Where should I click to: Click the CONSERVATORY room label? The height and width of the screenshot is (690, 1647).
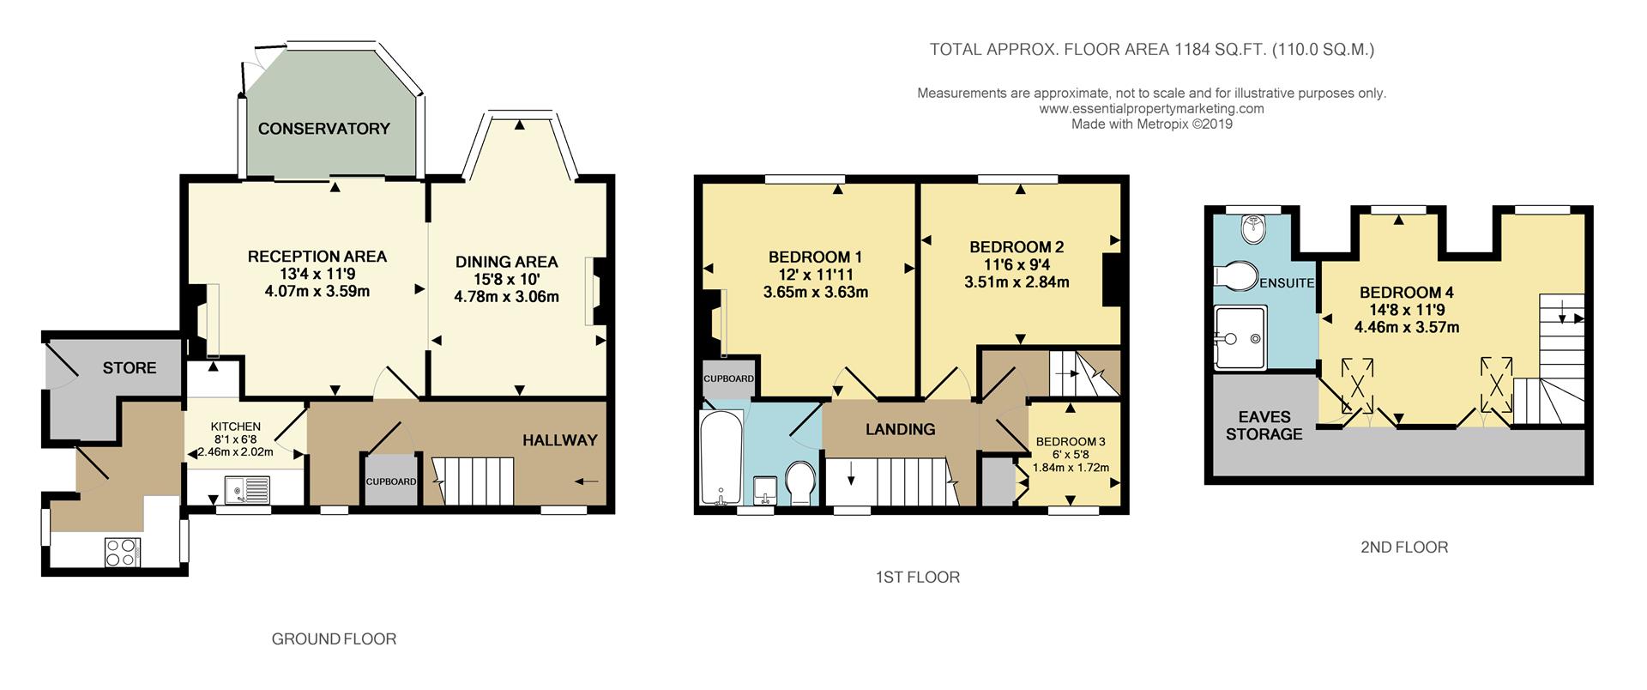(x=324, y=129)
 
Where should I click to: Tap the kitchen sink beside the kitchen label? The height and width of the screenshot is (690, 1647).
(x=247, y=489)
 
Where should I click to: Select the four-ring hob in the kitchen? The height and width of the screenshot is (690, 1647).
(x=121, y=551)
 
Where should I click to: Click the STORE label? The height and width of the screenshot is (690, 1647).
(x=130, y=367)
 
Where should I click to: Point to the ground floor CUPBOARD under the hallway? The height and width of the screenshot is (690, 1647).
(x=391, y=481)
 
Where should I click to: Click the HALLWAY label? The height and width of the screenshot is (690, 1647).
(x=560, y=440)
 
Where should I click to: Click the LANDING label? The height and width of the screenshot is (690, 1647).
(x=900, y=429)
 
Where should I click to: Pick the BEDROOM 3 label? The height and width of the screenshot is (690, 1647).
(x=1071, y=442)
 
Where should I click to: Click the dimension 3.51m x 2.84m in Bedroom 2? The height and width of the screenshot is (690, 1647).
(x=1020, y=282)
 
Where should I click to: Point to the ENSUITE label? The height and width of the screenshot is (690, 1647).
(x=1287, y=282)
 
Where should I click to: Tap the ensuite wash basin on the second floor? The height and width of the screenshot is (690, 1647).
(x=1254, y=226)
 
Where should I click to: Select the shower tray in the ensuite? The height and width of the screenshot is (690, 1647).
(x=1240, y=337)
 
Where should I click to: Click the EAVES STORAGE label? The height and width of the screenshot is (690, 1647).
(x=1264, y=426)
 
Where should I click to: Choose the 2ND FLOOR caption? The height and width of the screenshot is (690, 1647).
(x=1404, y=547)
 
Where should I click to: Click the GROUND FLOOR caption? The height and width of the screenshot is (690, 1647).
(x=334, y=639)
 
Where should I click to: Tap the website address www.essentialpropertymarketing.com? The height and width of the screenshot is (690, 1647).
(x=1151, y=109)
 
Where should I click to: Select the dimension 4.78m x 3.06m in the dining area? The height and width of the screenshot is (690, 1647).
(x=506, y=297)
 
